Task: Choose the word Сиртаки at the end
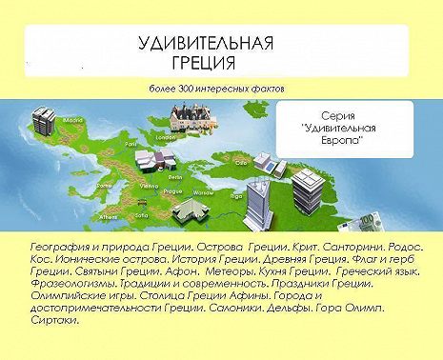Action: (50, 321)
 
